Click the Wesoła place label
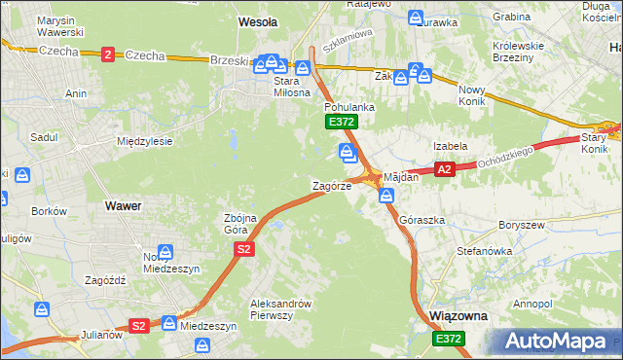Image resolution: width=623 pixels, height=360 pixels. [258, 20]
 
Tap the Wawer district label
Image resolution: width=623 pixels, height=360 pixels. [124, 206]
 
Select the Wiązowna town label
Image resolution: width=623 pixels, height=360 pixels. [458, 317]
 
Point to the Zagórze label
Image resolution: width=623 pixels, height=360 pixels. [331, 185]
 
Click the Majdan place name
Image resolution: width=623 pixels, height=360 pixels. [400, 178]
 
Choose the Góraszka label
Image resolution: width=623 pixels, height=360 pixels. [422, 221]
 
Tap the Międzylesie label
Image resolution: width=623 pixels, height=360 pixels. [144, 141]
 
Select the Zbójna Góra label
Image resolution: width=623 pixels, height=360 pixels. [240, 223]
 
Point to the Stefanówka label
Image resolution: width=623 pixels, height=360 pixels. [484, 251]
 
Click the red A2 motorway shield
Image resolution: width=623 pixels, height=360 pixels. [445, 169]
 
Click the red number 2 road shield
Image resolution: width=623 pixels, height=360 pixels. [106, 54]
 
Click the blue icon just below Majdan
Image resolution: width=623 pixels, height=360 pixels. [387, 197]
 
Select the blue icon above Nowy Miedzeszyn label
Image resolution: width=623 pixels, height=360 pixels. [165, 252]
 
